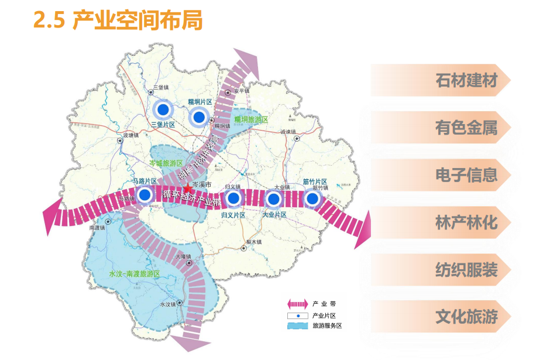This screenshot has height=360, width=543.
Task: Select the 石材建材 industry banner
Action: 465,80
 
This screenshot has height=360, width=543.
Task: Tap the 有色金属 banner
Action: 465,128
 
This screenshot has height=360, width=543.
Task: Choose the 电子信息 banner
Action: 465,175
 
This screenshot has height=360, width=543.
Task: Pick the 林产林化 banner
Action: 465,222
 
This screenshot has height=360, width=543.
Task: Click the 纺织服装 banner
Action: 465,270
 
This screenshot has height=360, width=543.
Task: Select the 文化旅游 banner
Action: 465,317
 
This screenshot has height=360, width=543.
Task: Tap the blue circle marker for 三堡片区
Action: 164,109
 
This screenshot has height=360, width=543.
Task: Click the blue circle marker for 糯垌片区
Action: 199,118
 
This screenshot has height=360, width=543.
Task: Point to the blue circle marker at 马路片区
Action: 145,195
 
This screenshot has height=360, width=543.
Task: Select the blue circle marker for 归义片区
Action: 233,198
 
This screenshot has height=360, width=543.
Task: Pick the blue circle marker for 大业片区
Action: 273,199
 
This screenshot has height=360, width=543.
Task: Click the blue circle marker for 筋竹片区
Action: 313,199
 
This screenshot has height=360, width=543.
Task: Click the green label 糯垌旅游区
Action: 250,119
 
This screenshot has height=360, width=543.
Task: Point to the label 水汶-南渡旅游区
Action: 135,274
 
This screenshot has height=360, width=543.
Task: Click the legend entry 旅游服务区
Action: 326,326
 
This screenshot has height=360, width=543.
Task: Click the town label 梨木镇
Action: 253,242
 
